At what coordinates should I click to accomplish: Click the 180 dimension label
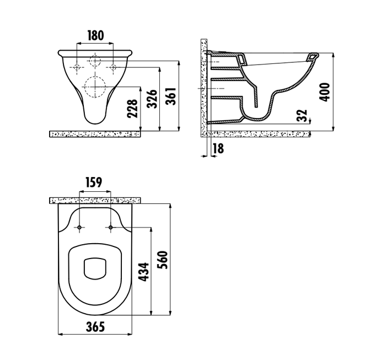click(96, 36)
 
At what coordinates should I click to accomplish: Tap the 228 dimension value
click(132, 109)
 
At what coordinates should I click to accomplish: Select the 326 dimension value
click(152, 99)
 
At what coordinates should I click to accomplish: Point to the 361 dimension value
click(170, 96)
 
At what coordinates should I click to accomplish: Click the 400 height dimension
click(324, 92)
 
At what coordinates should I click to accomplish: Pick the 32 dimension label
click(302, 116)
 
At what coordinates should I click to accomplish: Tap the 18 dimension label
click(218, 148)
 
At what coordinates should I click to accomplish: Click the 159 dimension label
click(94, 182)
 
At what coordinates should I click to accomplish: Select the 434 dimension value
click(144, 272)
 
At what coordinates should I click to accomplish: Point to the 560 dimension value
click(163, 260)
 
